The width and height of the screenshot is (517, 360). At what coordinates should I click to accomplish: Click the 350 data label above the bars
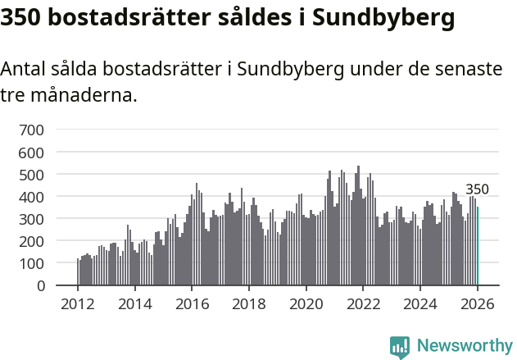477,189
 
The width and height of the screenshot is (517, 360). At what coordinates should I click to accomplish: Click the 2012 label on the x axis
78,304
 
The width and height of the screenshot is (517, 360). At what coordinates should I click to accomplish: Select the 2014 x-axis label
135,304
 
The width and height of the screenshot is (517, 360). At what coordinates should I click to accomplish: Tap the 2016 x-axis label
192,304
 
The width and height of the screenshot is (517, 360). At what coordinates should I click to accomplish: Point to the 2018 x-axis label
249,304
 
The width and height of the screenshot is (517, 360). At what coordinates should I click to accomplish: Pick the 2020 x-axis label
306,304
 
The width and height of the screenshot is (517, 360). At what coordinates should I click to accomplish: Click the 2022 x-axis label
363,304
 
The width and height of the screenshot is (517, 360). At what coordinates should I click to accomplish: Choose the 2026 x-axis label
477,304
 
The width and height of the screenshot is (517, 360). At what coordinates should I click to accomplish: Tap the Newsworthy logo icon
400,347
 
